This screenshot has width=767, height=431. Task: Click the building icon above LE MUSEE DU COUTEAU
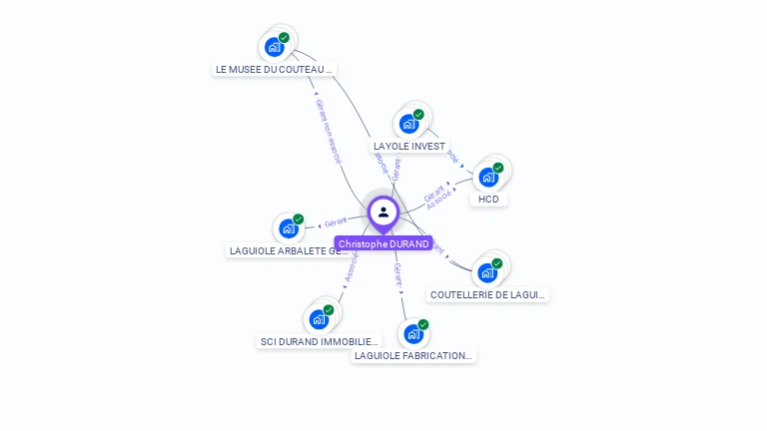[x=274, y=46]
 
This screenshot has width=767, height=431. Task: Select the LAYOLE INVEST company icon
[x=408, y=124]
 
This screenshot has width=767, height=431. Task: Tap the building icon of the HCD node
[x=487, y=177]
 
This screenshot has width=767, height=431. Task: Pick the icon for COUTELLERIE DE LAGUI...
[x=487, y=272]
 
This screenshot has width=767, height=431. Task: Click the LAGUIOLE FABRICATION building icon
[x=413, y=334]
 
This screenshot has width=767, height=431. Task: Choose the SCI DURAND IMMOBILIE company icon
[x=319, y=319]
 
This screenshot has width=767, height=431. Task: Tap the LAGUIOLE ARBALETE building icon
[x=289, y=228]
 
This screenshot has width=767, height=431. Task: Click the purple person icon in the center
[x=383, y=212]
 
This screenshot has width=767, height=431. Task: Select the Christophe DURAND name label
[x=383, y=243]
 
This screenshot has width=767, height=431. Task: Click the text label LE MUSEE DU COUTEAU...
[x=274, y=70]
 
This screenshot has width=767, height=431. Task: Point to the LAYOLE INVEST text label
[x=409, y=146]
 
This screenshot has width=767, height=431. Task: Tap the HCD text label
[x=488, y=199]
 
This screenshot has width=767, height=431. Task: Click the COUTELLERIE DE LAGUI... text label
[x=488, y=294]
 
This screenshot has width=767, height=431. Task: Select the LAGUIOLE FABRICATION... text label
[x=413, y=356]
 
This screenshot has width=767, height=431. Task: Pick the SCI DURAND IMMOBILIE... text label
[x=320, y=341]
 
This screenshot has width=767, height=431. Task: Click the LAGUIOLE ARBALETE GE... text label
[x=289, y=250]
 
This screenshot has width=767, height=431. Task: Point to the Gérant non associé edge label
[x=329, y=130]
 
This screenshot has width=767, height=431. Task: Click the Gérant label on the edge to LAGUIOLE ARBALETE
[x=335, y=220]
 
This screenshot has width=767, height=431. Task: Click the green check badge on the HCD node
[x=498, y=168]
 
